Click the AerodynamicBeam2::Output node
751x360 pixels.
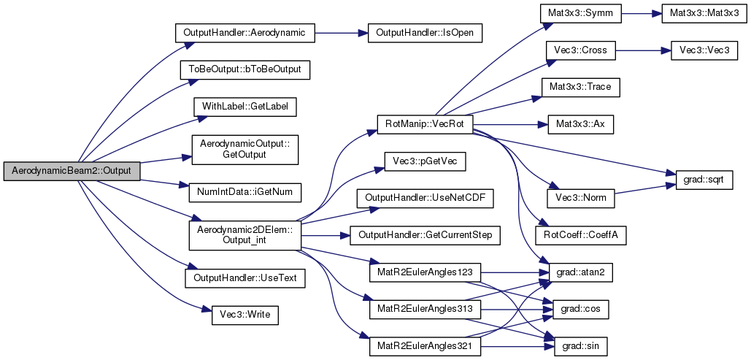(72, 172)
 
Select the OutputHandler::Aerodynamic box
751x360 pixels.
(244, 33)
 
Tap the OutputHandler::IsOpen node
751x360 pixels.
(424, 33)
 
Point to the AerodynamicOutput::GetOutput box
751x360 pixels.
(244, 150)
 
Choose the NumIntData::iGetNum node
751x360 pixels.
(244, 193)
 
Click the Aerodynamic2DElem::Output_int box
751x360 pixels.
(244, 235)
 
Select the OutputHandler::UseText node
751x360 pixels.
(244, 278)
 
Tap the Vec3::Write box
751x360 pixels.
(244, 315)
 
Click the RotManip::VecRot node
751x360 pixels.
(424, 125)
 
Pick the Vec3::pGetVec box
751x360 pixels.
(424, 162)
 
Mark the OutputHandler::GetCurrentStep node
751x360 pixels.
(424, 235)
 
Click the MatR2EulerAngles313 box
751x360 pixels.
(424, 309)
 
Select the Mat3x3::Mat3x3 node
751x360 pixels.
(701, 15)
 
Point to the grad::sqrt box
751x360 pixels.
(704, 180)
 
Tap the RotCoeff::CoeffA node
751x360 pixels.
(580, 235)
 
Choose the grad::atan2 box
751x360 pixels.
(580, 272)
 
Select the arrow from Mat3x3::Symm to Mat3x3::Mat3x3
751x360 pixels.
(642, 15)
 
